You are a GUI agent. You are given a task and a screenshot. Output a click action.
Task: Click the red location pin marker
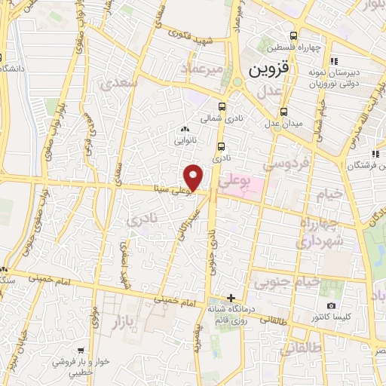coord(194,177)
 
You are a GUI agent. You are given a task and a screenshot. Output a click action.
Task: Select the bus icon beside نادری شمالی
coord(222,107)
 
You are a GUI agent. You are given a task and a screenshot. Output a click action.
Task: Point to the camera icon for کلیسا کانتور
coord(332,305)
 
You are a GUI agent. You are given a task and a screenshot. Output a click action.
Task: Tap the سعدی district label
coord(124,84)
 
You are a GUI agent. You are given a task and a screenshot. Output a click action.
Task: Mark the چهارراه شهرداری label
coord(325,232)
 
